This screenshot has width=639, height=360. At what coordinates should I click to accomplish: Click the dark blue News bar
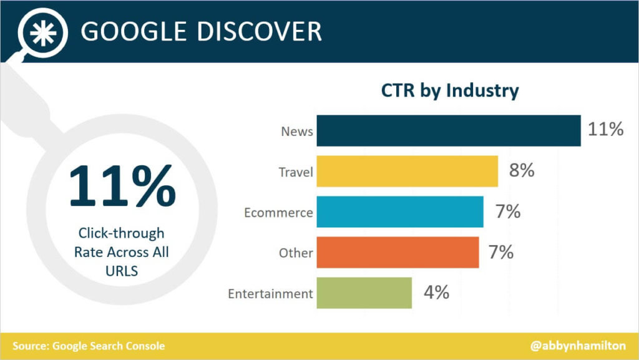click(448, 131)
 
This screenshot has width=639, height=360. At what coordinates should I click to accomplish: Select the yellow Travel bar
click(407, 172)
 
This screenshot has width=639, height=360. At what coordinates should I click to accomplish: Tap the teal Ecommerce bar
click(399, 212)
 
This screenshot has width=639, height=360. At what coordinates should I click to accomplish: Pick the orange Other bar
click(398, 253)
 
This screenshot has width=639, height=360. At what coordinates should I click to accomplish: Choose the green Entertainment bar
click(364, 293)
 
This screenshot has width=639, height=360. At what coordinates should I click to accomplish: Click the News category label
click(296, 132)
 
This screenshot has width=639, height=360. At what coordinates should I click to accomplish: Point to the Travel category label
click(295, 172)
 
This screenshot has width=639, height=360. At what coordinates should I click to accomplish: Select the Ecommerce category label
click(278, 213)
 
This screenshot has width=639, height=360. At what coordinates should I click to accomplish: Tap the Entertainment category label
click(270, 294)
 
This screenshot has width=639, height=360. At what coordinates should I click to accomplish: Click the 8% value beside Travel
click(522, 171)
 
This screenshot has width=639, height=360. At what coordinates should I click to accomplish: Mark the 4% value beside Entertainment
click(436, 293)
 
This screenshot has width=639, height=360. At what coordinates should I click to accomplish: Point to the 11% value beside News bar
click(605, 130)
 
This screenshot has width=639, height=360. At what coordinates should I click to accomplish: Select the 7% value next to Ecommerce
click(507, 212)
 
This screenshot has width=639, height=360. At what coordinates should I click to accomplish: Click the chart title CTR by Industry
click(450, 90)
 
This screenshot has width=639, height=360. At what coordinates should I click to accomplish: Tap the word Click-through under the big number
click(121, 233)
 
